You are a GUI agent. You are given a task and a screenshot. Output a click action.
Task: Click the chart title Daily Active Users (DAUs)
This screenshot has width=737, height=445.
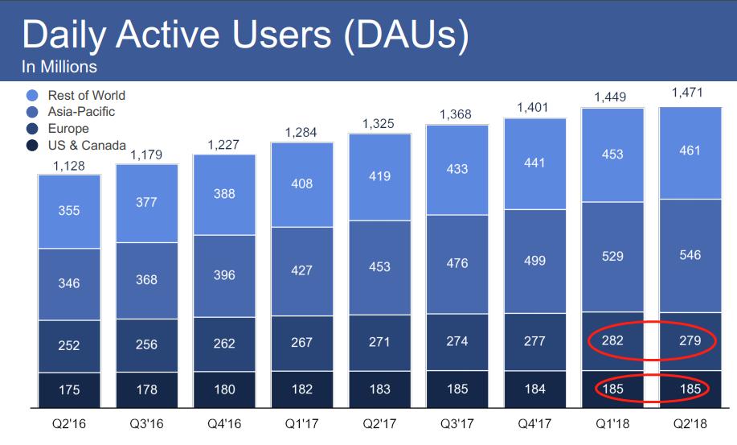click(245, 35)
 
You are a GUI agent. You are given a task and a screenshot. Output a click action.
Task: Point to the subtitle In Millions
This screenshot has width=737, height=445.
click(59, 67)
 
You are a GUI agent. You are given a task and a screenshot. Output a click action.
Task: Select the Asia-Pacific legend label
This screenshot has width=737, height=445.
click(81, 112)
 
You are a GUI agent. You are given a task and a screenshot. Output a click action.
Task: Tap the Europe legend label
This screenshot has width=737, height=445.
click(68, 129)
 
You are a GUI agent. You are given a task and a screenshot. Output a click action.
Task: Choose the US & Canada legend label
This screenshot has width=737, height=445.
click(87, 146)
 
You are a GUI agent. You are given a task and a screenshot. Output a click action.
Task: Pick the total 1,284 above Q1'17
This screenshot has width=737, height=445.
click(302, 132)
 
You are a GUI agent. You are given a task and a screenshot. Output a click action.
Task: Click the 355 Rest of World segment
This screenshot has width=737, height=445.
click(69, 211)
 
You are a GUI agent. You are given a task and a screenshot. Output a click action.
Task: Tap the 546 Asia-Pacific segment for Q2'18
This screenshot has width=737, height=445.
click(690, 255)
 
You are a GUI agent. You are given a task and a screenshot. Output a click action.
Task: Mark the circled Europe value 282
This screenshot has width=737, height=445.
click(612, 341)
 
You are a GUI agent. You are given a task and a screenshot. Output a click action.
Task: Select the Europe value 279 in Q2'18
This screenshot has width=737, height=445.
click(690, 341)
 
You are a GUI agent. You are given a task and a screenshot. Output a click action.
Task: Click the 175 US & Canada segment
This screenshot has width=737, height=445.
click(69, 389)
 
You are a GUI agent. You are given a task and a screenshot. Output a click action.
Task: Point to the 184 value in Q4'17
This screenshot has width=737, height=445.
click(534, 389)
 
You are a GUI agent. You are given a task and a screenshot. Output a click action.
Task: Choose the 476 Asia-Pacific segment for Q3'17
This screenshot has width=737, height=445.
click(457, 262)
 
